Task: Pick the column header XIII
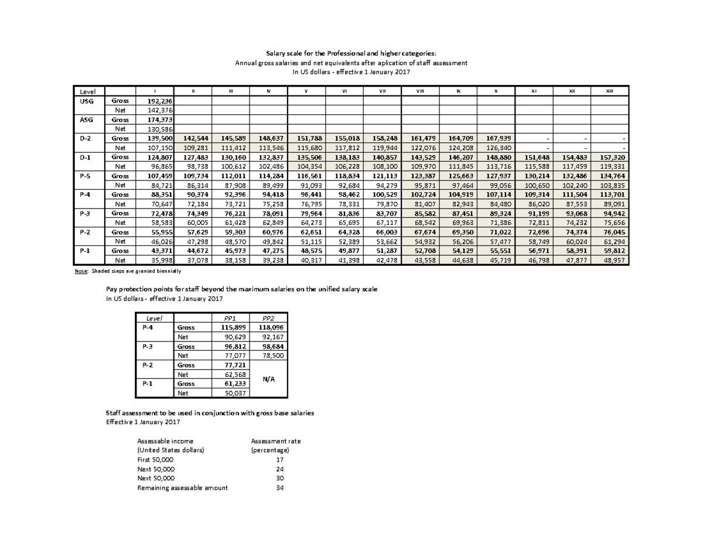609,91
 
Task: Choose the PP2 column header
267,318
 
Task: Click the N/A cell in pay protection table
267,379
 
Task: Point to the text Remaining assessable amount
182,487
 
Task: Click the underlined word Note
80,271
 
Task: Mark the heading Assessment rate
275,441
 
